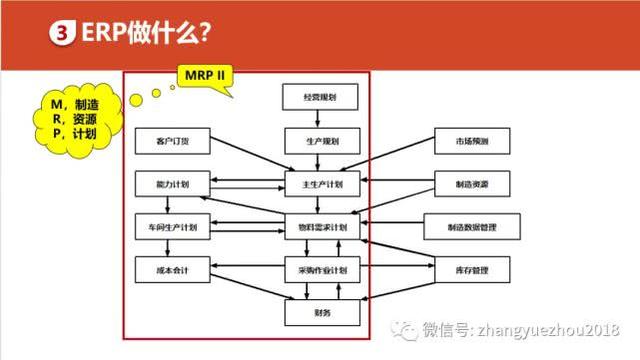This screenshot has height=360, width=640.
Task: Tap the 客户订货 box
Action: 167,142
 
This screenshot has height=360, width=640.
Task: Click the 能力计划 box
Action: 167,185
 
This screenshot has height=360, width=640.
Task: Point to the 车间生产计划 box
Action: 167,227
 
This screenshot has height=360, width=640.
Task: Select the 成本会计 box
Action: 167,271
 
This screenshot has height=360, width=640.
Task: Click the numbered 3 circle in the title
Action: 59,32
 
